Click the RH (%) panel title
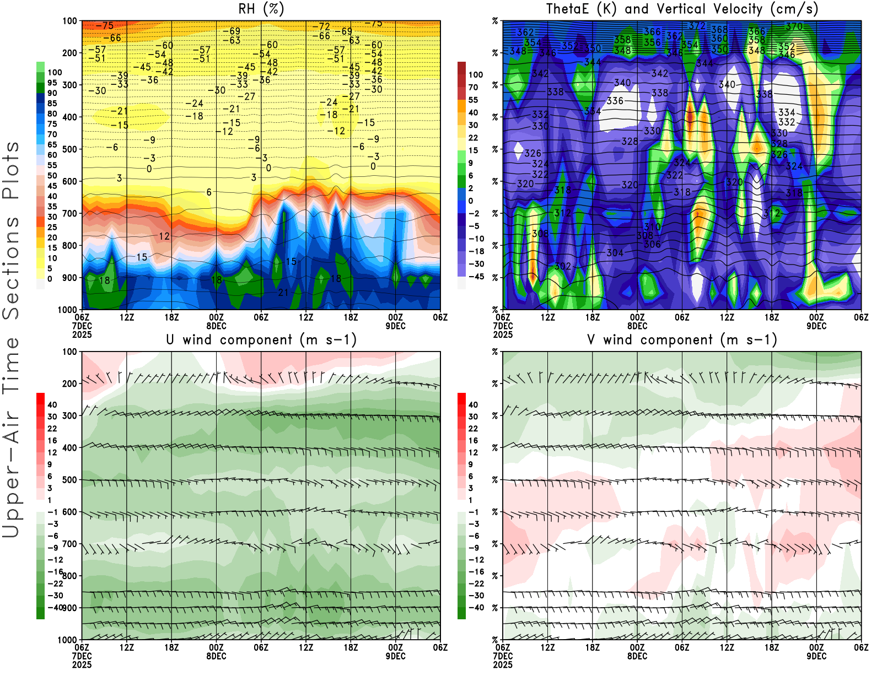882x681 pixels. pyautogui.click(x=261, y=9)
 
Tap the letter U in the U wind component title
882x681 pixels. pyautogui.click(x=170, y=340)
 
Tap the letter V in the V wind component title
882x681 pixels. pyautogui.click(x=591, y=340)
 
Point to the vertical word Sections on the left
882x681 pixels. pyautogui.click(x=11, y=267)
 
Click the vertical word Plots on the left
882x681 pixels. pyautogui.click(x=11, y=171)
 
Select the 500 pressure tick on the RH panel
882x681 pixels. pyautogui.click(x=69, y=149)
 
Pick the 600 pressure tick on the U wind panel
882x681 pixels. pyautogui.click(x=69, y=512)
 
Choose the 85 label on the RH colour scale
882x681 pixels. pyautogui.click(x=52, y=104)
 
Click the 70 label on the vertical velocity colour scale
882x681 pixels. pyautogui.click(x=473, y=87)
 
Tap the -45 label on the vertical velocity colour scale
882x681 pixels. pyautogui.click(x=476, y=277)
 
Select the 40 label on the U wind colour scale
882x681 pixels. pyautogui.click(x=52, y=405)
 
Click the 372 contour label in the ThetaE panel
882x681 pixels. pyautogui.click(x=697, y=26)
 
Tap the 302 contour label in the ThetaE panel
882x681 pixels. pyautogui.click(x=562, y=266)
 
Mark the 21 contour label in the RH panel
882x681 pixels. pyautogui.click(x=283, y=293)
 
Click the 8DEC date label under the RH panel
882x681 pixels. pyautogui.click(x=216, y=326)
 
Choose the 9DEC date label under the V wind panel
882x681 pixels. pyautogui.click(x=816, y=656)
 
